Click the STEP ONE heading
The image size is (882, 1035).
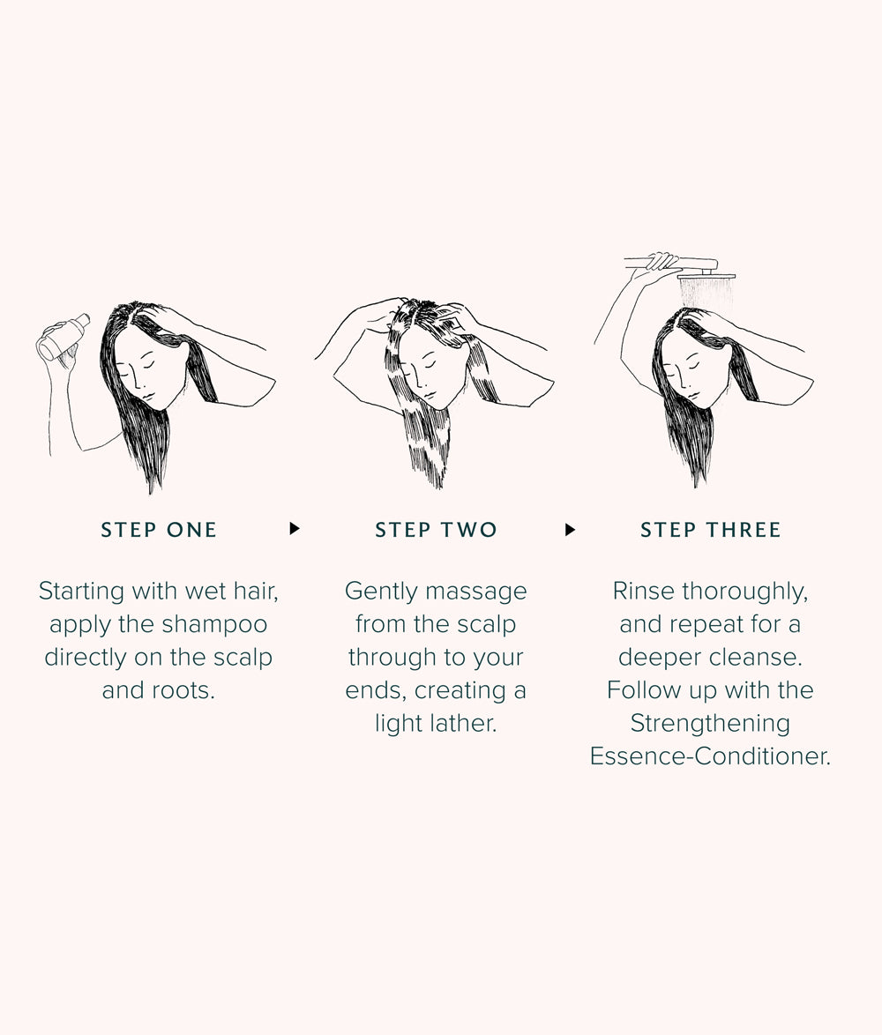(x=159, y=529)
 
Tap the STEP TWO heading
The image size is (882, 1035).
(x=436, y=529)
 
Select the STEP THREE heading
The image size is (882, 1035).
(x=710, y=529)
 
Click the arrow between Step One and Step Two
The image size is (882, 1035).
(x=295, y=529)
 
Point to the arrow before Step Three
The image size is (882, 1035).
(x=571, y=529)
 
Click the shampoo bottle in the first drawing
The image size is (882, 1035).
(x=64, y=337)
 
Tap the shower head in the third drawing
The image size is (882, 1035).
(x=706, y=277)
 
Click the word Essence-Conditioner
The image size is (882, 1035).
(x=710, y=756)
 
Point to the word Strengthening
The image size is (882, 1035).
(x=710, y=724)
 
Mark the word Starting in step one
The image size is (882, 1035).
(x=81, y=592)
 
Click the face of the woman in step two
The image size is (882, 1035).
(x=426, y=369)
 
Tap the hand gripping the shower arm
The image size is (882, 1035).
(x=662, y=261)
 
